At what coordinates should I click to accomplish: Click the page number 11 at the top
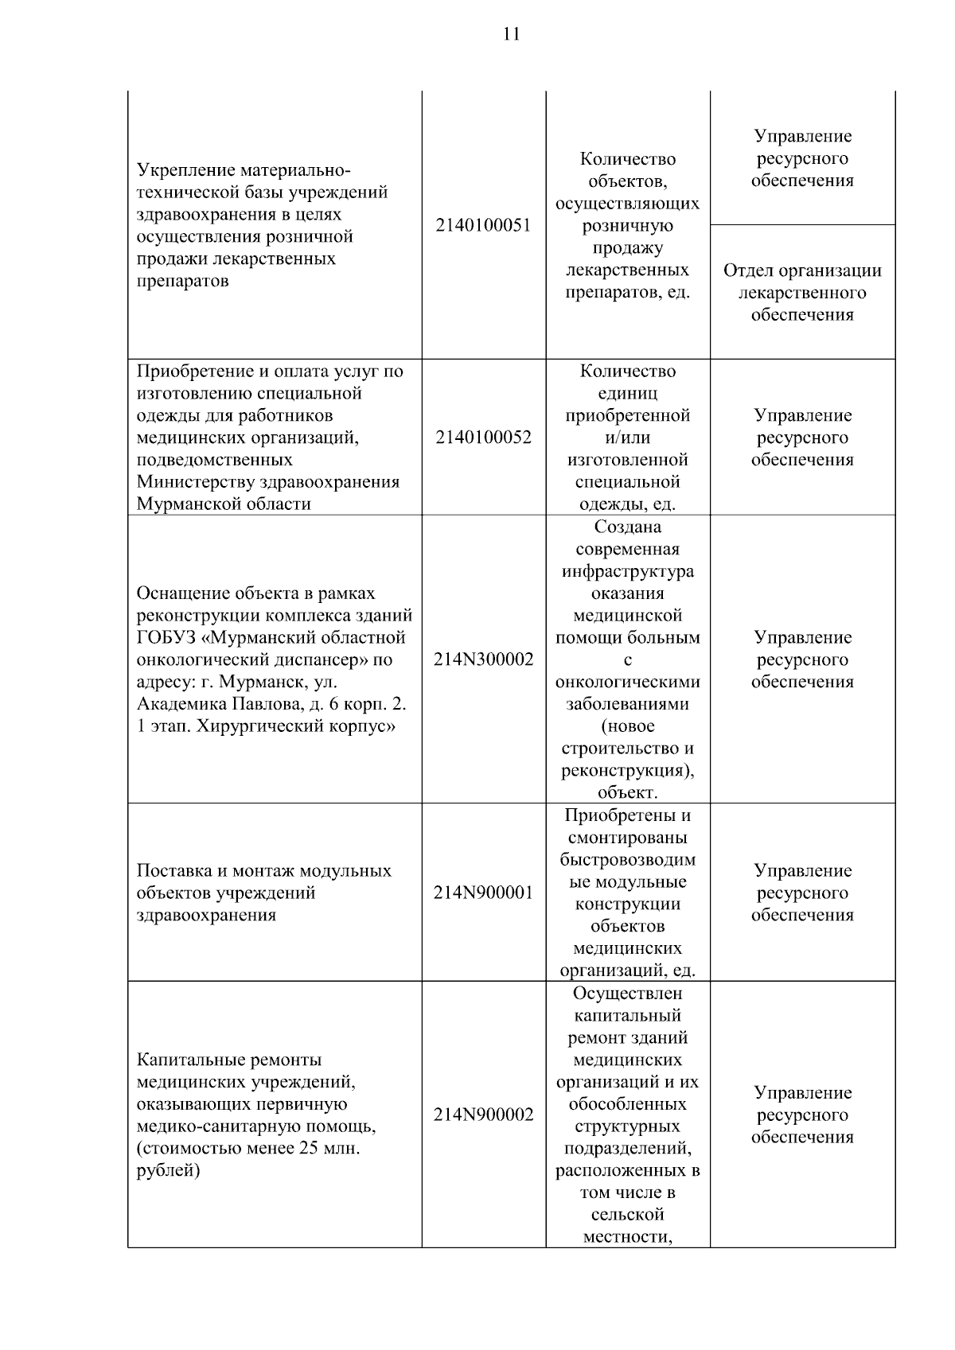tap(511, 34)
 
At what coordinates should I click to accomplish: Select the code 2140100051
tap(483, 225)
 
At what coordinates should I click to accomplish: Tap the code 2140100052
tap(483, 438)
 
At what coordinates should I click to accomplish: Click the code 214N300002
tap(483, 659)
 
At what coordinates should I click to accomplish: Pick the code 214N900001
tap(483, 893)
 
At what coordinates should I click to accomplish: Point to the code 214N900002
tap(483, 1115)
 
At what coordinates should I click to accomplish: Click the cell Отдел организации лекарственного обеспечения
tap(802, 293)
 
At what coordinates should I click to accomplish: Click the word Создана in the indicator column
tap(627, 527)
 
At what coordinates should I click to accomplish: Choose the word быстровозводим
tap(627, 860)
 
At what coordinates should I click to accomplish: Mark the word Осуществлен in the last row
tap(627, 994)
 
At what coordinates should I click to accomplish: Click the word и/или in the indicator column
tap(627, 438)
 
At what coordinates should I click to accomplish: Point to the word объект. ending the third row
tap(627, 793)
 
